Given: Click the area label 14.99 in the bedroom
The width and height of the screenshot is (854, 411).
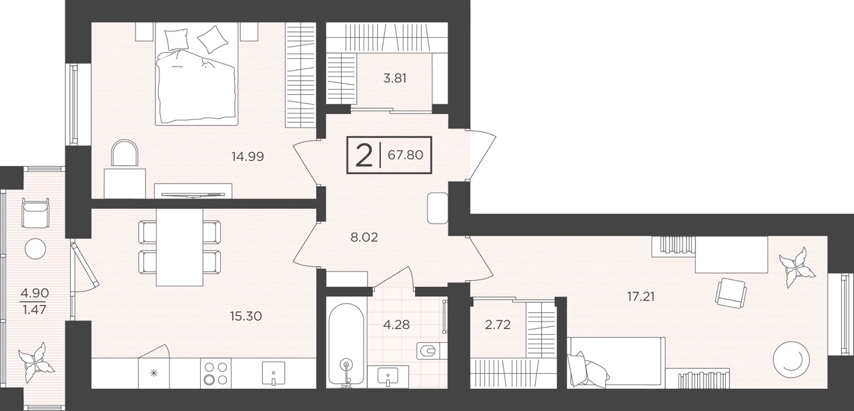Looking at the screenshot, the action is (248, 156).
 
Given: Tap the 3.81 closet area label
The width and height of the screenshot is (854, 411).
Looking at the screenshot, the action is (394, 79).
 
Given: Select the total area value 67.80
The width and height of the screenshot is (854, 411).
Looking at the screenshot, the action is (405, 155).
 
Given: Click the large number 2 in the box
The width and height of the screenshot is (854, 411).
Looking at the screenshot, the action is (364, 155).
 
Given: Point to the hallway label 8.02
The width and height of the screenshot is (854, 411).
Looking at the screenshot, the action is (364, 238).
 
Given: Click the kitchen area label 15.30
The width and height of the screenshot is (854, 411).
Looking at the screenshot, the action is (246, 316).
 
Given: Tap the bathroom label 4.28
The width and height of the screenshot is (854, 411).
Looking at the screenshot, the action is (396, 325).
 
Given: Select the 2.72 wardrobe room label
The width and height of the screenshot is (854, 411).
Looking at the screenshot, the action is (498, 325).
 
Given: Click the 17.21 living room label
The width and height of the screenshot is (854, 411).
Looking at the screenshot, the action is (641, 296).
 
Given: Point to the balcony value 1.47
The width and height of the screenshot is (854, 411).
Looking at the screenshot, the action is (34, 310).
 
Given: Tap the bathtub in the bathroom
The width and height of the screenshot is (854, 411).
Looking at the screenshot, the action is (346, 346).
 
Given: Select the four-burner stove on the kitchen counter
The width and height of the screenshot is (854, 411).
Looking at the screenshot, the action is (216, 373).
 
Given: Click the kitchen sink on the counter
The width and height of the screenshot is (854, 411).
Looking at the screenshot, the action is (274, 373).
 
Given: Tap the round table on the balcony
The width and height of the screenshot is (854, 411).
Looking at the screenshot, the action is (35, 249).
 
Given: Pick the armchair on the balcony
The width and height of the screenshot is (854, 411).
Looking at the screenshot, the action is (35, 213).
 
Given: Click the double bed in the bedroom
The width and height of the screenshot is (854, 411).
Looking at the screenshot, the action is (197, 73).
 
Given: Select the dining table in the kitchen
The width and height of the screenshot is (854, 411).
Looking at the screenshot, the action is (179, 248).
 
